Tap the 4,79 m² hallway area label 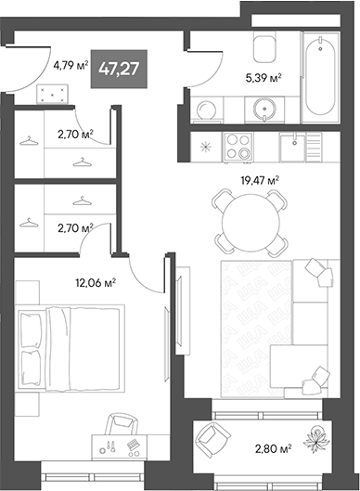pos(71,65)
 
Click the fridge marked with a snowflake pos(207,147)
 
